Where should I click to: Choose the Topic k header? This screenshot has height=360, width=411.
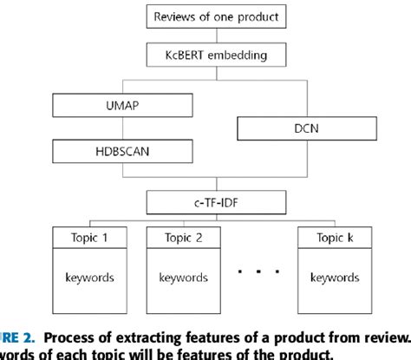[x=337, y=236]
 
